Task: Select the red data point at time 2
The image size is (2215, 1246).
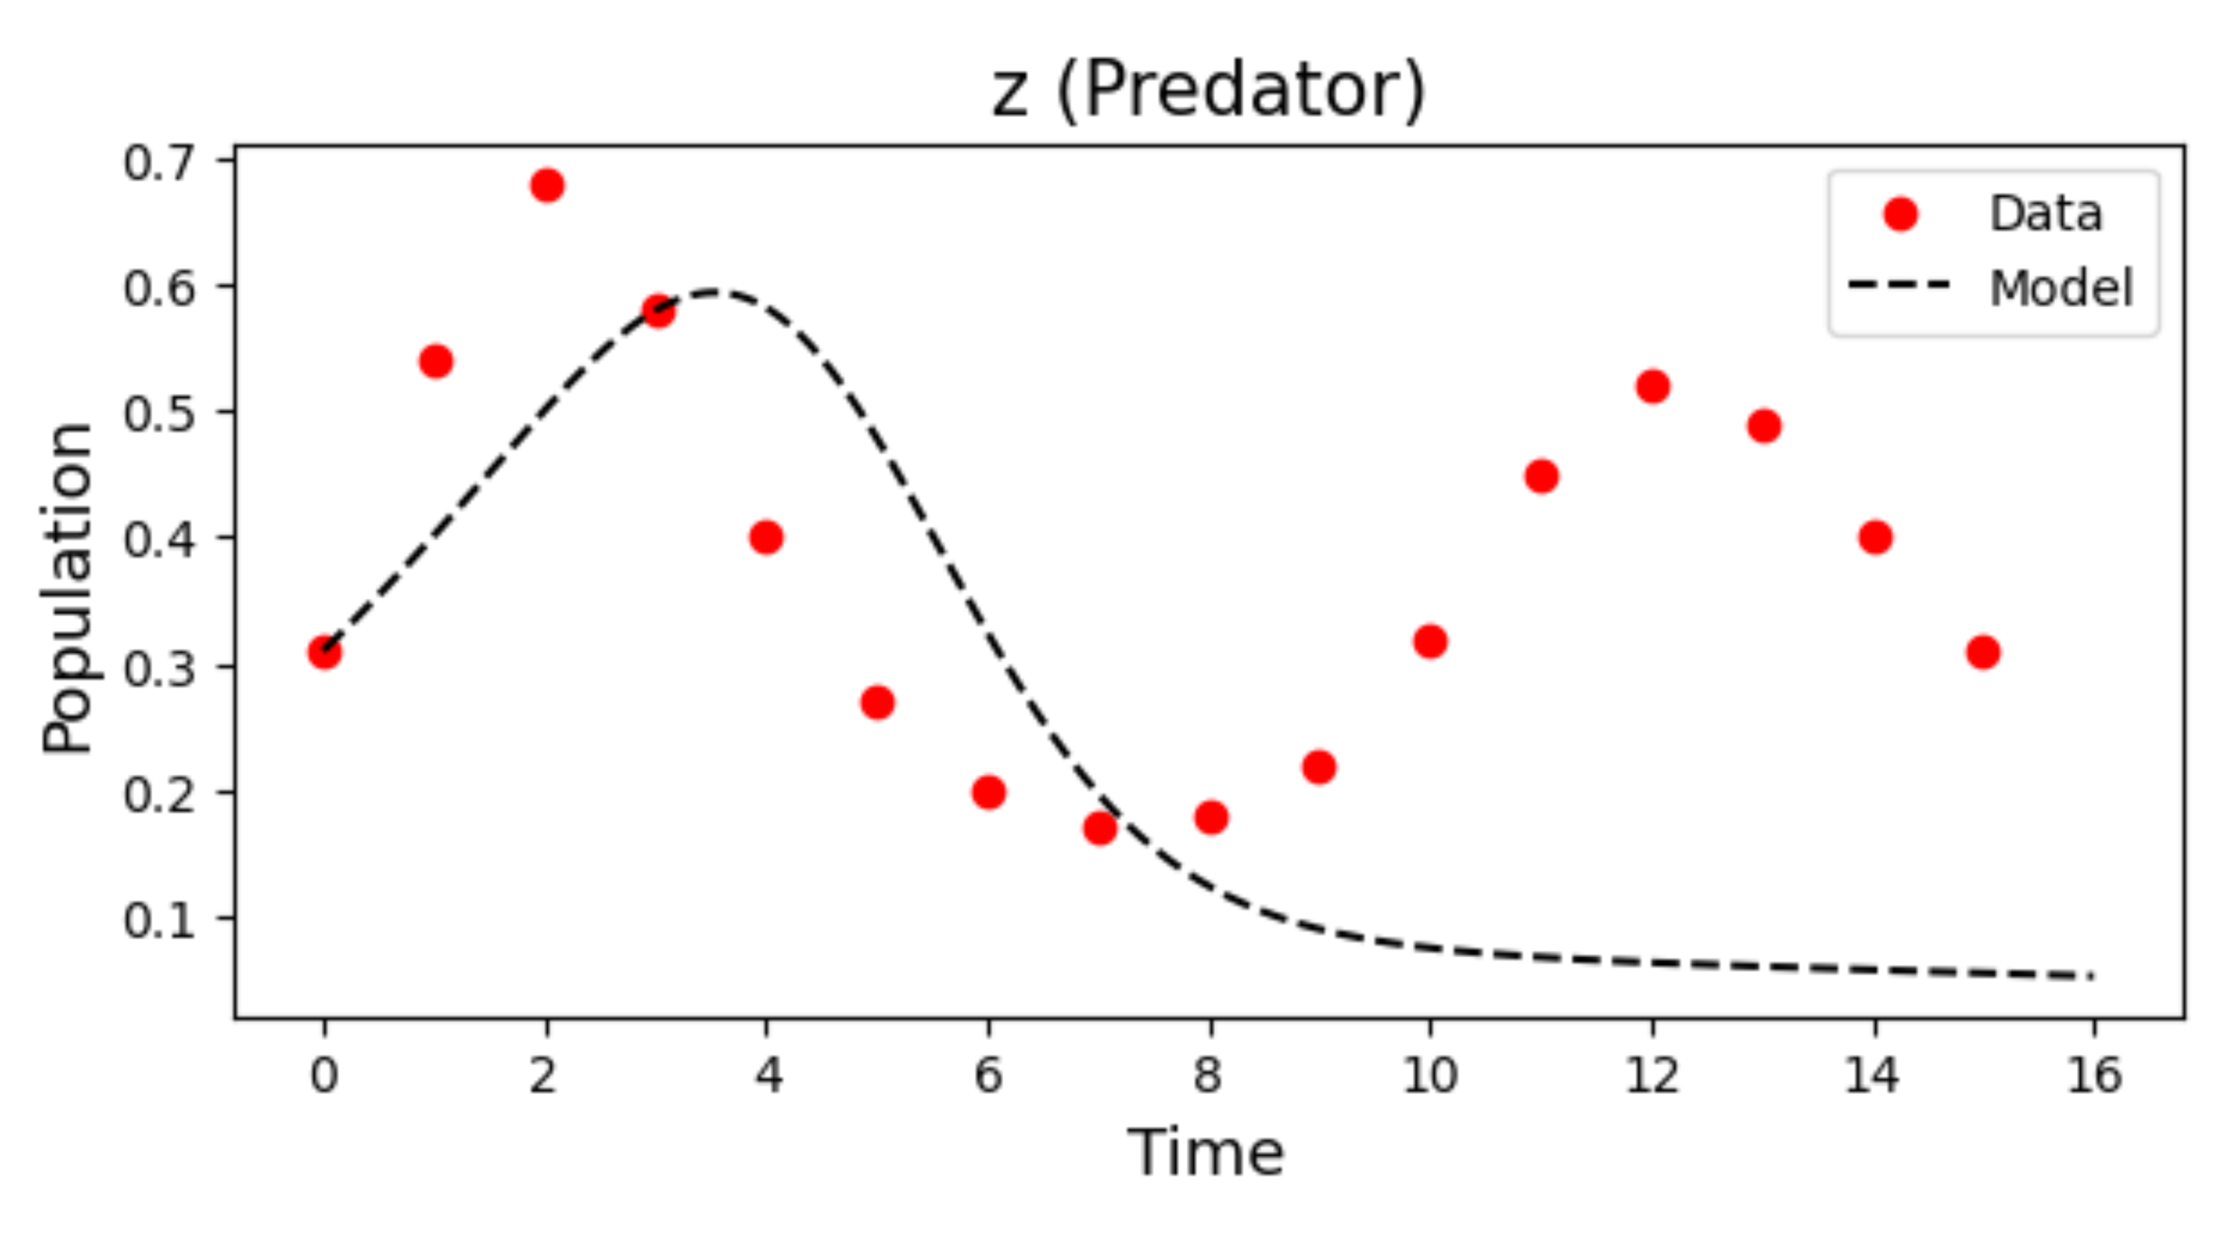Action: click(x=547, y=185)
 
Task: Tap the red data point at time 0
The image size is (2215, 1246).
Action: click(x=324, y=653)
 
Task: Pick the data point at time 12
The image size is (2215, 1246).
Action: click(x=1653, y=386)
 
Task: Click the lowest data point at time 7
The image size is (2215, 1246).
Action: click(x=1100, y=828)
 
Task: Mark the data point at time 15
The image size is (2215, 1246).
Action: click(x=1983, y=653)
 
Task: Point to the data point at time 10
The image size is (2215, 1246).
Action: click(x=1430, y=641)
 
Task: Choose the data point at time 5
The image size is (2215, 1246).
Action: click(x=877, y=703)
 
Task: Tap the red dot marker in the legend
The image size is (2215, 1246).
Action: click(x=1901, y=213)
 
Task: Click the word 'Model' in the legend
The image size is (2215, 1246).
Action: click(x=2061, y=288)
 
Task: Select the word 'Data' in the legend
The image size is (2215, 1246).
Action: click(x=2046, y=213)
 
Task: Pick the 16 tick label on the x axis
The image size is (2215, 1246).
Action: click(x=2094, y=1075)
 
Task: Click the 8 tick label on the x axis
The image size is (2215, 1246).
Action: click(x=1208, y=1075)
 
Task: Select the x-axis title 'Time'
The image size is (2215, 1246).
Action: click(x=1206, y=1152)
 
